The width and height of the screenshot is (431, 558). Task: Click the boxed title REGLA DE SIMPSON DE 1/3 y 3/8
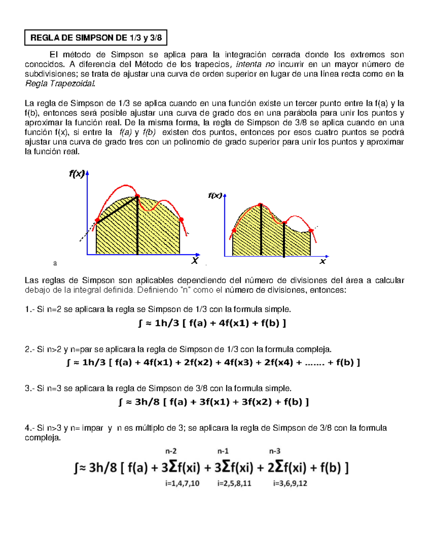(96, 38)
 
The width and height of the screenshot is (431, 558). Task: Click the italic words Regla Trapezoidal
(60, 84)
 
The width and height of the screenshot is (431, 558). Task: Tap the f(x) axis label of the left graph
(77, 174)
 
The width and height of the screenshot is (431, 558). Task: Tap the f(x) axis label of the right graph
(215, 195)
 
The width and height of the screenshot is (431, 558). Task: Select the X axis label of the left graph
(195, 261)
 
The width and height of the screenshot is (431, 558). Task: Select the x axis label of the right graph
(323, 262)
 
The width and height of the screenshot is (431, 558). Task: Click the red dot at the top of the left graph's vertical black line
(137, 196)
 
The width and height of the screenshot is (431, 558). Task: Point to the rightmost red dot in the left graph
(181, 220)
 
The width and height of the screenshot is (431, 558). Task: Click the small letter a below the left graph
(55, 263)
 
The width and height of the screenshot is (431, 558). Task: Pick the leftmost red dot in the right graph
(234, 230)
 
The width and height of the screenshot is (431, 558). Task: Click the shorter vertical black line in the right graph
(284, 239)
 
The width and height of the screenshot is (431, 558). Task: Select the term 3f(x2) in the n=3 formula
(256, 402)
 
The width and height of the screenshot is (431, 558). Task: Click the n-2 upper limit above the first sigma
(171, 451)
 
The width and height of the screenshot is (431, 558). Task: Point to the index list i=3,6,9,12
(290, 483)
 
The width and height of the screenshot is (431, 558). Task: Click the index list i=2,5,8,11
(234, 483)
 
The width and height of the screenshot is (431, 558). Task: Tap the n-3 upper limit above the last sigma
(275, 451)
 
